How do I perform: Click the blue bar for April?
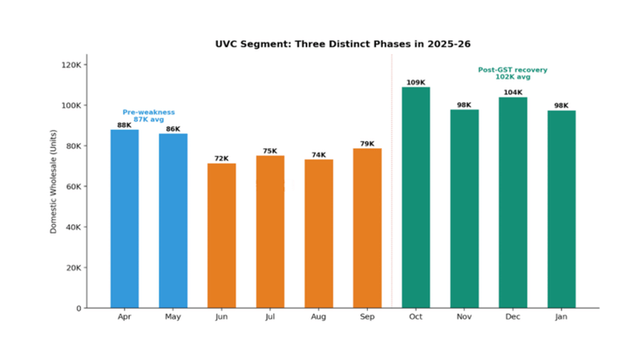coord(124,218)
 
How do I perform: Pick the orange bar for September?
coord(367,228)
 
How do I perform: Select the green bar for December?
coord(513,202)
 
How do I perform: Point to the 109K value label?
coord(416,83)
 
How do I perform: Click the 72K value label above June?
coord(222,159)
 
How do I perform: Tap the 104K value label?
coord(513,92)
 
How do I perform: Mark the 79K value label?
coord(367,144)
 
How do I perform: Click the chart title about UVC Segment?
coord(320,43)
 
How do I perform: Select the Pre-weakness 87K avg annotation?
coord(148,116)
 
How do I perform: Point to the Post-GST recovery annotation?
coord(513,73)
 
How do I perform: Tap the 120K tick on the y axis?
coord(71,65)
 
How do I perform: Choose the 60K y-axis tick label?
coord(72,187)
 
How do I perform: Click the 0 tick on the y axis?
coord(78,308)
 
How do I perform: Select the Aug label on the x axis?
coord(318,317)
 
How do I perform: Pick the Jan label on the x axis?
coord(561,317)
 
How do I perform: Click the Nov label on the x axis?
coord(464,317)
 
